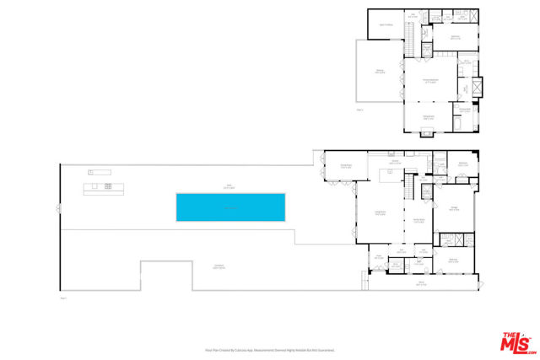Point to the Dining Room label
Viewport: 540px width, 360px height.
pos(345,167)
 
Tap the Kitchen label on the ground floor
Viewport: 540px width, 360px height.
pos(394,162)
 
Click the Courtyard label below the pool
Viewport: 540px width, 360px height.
pos(219,267)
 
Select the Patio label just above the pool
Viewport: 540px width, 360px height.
pos(228,187)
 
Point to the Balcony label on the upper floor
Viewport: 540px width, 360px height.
pos(380,72)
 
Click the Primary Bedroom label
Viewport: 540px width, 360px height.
pos(429,81)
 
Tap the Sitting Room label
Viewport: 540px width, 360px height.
pos(428,116)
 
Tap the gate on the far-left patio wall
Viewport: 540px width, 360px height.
pos(58,208)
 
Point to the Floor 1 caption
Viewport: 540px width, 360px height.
pos(63,297)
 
